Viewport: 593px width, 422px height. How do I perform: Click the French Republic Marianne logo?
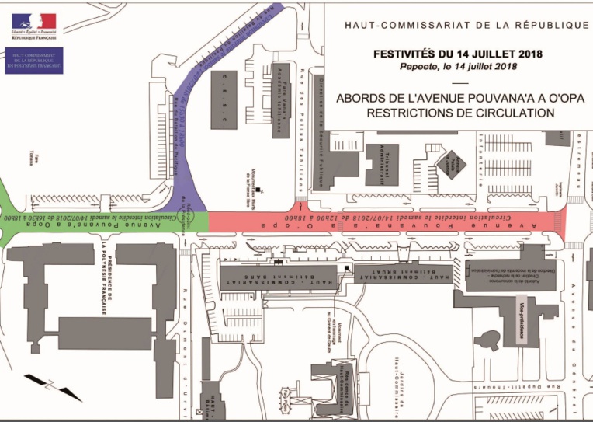[33, 24]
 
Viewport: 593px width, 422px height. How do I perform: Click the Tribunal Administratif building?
[382, 164]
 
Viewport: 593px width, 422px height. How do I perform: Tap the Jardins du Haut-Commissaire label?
[395, 366]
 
